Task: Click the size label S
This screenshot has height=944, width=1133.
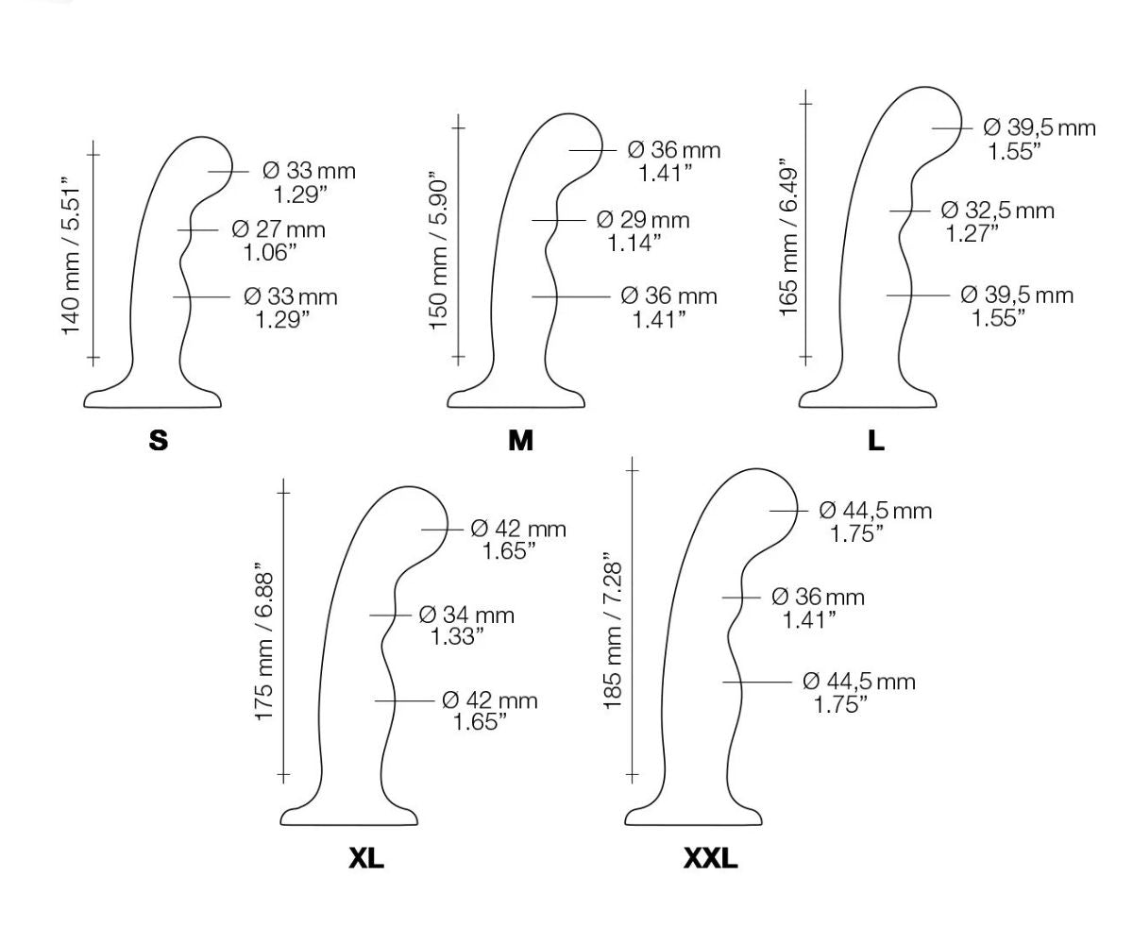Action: point(159,440)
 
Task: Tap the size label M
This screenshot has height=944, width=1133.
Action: point(520,440)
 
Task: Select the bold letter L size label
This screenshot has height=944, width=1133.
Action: point(876,440)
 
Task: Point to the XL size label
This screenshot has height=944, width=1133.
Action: point(366,859)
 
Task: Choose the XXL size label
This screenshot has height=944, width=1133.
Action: point(710,859)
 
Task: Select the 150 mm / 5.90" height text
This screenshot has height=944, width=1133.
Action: point(439,250)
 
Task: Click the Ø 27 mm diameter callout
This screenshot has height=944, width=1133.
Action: point(278,229)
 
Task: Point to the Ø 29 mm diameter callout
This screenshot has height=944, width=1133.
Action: point(643,220)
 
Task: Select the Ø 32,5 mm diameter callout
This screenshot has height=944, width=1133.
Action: point(997,211)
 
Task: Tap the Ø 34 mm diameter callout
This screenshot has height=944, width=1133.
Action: point(466,615)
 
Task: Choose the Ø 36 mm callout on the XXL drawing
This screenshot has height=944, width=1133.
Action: point(818,597)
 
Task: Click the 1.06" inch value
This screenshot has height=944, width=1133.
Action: point(270,252)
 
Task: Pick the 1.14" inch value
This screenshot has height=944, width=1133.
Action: point(634,243)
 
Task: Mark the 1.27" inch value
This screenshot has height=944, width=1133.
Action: point(973,233)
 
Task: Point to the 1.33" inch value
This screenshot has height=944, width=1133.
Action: point(458,637)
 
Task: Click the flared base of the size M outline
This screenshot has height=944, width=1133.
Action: point(516,398)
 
